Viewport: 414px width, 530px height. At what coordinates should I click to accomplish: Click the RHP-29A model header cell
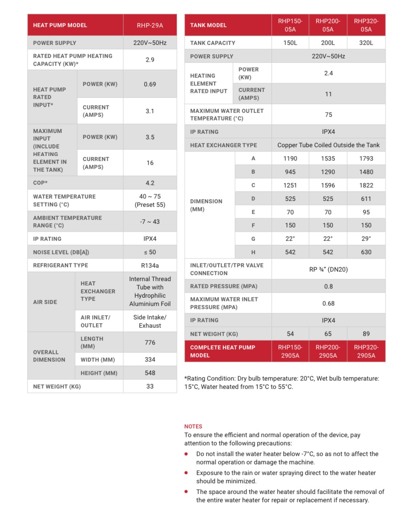(x=150, y=25)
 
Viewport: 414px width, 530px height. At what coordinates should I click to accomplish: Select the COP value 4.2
(x=150, y=183)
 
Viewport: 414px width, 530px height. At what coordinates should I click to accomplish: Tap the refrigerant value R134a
(x=150, y=265)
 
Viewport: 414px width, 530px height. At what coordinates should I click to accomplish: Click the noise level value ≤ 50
(x=150, y=252)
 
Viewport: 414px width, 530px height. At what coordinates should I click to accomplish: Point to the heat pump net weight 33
(x=150, y=386)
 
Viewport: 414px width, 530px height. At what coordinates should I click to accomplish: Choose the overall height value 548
(x=150, y=373)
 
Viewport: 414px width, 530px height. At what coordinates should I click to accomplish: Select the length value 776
(x=150, y=342)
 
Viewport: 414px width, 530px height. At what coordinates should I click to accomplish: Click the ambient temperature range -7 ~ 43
(x=150, y=222)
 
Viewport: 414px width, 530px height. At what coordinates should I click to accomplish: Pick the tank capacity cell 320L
(x=366, y=43)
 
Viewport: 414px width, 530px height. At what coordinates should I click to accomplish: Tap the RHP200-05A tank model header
(x=328, y=25)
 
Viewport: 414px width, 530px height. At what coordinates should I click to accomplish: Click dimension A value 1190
(x=290, y=158)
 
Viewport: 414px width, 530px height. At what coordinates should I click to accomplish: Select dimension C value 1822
(x=366, y=185)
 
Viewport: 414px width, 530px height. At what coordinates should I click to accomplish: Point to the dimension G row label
(x=253, y=239)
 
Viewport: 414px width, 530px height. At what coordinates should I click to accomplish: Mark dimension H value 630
(x=366, y=252)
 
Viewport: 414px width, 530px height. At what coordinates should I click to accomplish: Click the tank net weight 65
(x=328, y=334)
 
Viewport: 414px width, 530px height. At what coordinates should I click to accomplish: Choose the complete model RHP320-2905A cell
(x=366, y=351)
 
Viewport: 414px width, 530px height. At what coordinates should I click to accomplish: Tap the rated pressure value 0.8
(x=328, y=286)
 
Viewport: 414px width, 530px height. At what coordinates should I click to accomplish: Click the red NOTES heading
(x=193, y=427)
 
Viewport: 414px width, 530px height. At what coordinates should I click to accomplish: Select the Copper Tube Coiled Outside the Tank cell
(x=328, y=145)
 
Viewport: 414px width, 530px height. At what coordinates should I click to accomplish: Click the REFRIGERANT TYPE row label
(x=61, y=265)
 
